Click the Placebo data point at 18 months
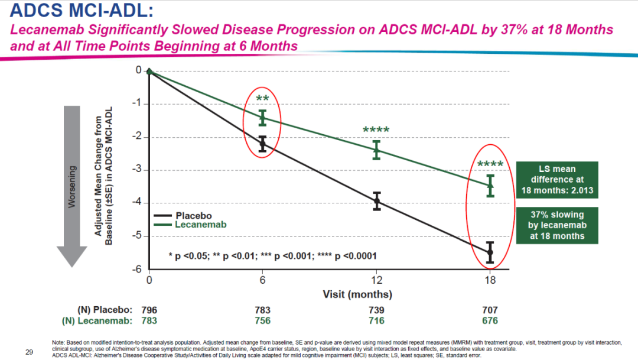[490, 253]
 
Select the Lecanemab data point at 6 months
[263, 118]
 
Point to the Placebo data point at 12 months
[376, 202]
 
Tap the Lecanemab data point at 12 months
[376, 150]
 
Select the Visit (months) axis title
[357, 294]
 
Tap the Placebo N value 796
[149, 310]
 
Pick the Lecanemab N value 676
[490, 321]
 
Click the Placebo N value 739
[376, 310]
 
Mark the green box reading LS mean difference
[556, 180]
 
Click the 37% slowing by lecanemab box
[556, 225]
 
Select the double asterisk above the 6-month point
[263, 99]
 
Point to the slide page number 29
[29, 352]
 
